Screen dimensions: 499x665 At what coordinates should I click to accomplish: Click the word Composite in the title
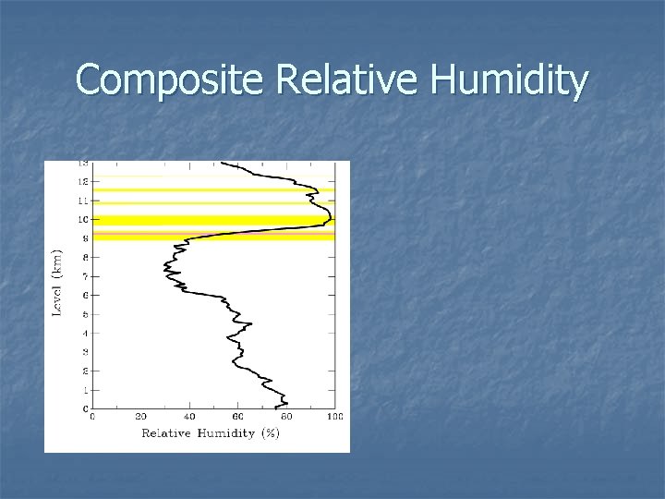coord(171,80)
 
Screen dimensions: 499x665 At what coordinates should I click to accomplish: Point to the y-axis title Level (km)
coord(57,282)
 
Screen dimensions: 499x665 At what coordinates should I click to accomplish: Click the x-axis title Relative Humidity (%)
coord(211,433)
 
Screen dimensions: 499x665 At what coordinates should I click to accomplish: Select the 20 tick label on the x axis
coord(140,418)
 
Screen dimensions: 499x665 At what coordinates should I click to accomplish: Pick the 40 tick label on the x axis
coord(189,418)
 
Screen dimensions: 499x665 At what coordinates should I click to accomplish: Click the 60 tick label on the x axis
coord(238,418)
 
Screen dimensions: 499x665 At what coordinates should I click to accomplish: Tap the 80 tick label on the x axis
coord(286,418)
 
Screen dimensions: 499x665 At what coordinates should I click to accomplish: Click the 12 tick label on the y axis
coord(83,181)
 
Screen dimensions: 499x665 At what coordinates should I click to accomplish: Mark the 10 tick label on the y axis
coord(83,220)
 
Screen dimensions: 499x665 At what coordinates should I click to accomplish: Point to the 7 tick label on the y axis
coord(85,276)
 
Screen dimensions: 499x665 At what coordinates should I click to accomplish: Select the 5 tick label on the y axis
coord(85,314)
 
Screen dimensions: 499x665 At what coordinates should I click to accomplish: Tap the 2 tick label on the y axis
coord(85,371)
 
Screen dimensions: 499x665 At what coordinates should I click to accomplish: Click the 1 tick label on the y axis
coord(85,390)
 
